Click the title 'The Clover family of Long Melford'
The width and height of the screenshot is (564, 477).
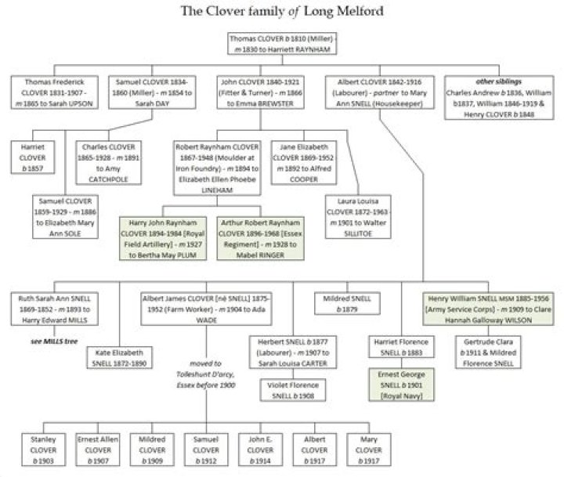281,10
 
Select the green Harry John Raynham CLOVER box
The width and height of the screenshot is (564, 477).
162,238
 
